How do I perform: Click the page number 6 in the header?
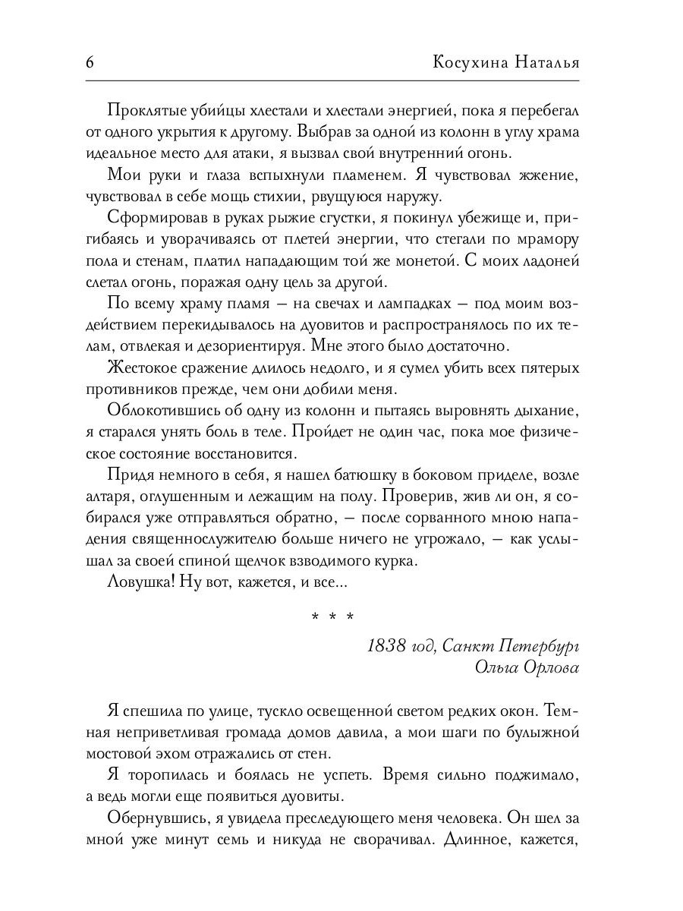click(x=90, y=62)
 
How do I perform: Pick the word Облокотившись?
click(x=161, y=411)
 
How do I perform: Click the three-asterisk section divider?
click(x=332, y=616)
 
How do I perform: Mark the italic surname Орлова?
click(x=549, y=667)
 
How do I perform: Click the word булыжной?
click(x=542, y=734)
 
